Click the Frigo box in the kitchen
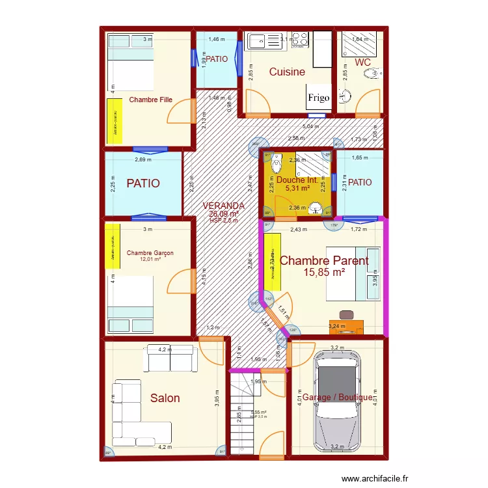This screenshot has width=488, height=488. [x=319, y=98]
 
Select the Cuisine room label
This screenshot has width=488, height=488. [x=287, y=72]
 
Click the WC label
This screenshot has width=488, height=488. [x=362, y=62]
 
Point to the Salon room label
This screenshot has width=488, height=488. [x=165, y=398]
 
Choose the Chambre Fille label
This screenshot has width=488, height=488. [x=150, y=100]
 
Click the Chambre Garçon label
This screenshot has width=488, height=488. [x=150, y=253]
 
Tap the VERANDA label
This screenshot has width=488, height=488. [x=223, y=206]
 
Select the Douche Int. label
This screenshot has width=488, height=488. [x=296, y=180]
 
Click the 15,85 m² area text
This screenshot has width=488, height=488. [x=323, y=273]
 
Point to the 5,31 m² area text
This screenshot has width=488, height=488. [x=296, y=189]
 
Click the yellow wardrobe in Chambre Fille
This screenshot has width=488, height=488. [x=115, y=121]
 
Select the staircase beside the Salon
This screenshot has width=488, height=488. [x=244, y=410]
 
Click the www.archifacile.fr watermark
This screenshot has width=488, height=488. [x=377, y=477]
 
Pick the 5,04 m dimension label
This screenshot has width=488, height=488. [x=310, y=127]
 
